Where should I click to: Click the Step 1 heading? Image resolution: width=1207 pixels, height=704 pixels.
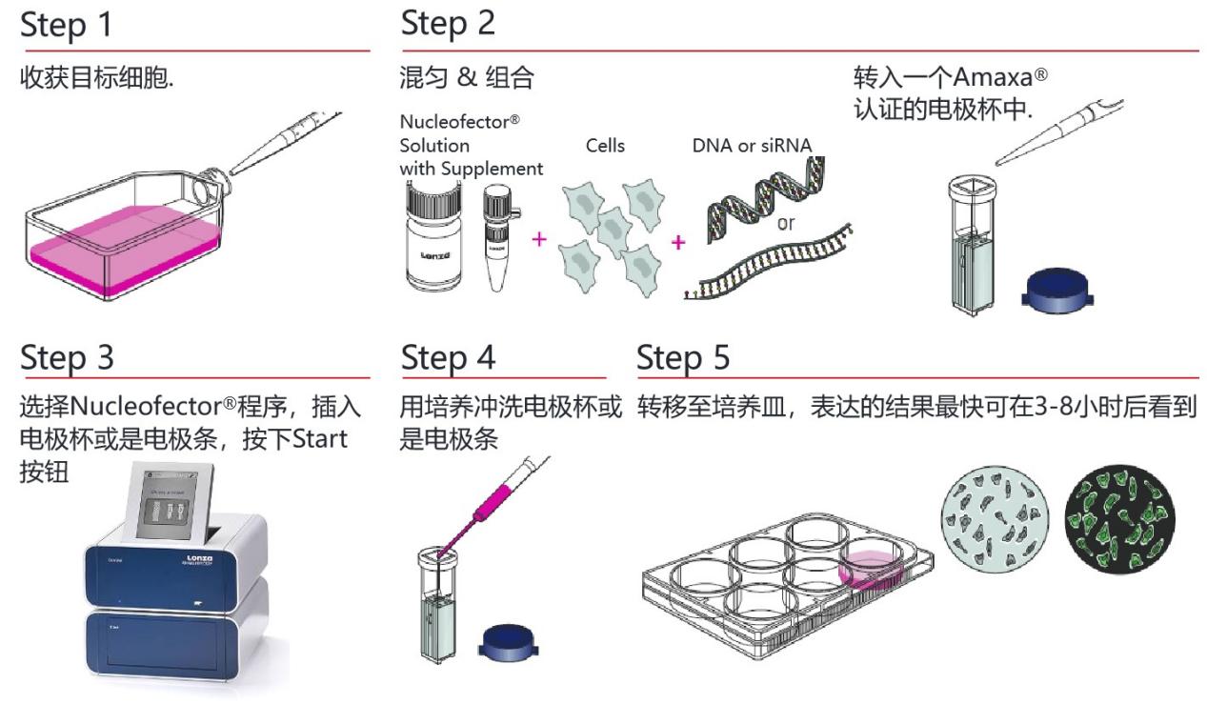click(67, 26)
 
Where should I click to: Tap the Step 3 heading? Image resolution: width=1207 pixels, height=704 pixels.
click(67, 358)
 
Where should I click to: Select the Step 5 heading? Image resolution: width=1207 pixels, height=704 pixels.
click(683, 358)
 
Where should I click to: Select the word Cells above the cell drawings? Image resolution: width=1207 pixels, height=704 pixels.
click(605, 146)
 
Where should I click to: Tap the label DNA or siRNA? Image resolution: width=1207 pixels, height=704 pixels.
click(753, 146)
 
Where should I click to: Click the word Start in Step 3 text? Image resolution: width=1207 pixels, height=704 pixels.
click(320, 440)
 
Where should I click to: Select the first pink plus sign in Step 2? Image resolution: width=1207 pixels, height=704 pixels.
click(540, 238)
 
